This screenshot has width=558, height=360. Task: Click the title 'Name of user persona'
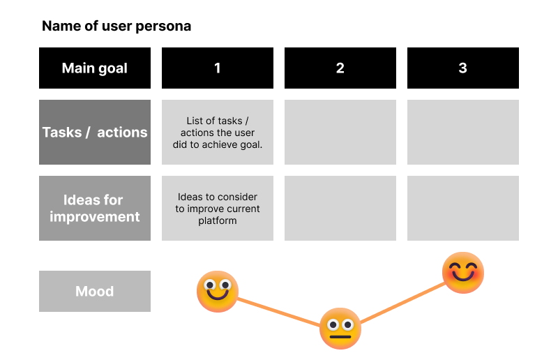(x=116, y=26)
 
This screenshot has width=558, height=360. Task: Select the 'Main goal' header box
(x=95, y=68)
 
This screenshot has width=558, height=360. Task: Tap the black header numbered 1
(x=218, y=68)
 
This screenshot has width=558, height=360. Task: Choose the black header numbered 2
(x=340, y=68)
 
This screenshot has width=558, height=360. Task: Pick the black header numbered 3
(x=463, y=68)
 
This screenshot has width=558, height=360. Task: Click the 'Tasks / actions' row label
(x=95, y=132)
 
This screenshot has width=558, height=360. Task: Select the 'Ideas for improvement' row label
(x=95, y=209)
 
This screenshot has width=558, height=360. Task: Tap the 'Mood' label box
(x=95, y=291)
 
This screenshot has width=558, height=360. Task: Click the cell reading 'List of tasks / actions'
(x=218, y=132)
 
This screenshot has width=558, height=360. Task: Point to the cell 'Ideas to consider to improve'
(x=218, y=209)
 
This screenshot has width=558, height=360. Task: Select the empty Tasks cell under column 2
(x=340, y=132)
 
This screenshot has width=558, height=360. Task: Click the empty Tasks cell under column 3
(x=463, y=132)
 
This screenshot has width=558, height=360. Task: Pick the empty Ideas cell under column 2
(x=340, y=209)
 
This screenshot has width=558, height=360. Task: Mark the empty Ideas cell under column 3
(x=463, y=209)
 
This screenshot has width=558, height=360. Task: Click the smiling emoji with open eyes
(x=218, y=292)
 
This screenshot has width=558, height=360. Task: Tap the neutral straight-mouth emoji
(x=340, y=329)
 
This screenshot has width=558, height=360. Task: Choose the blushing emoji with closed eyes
(x=463, y=273)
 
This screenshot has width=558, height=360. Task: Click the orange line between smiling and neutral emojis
(x=278, y=312)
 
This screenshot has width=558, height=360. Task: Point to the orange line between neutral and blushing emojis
(x=402, y=303)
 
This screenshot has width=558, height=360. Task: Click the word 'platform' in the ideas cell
(x=218, y=220)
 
